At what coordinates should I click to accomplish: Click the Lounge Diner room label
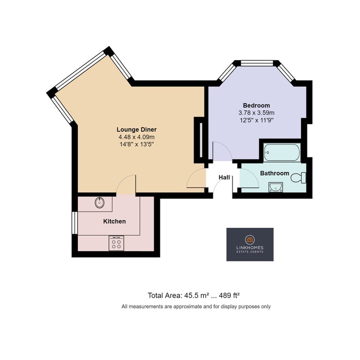click(136, 129)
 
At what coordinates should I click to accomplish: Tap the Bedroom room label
click(256, 105)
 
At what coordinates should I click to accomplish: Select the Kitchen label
click(114, 221)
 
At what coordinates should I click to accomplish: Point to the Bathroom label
click(274, 173)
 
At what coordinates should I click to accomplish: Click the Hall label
click(224, 177)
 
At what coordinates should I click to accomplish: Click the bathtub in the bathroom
click(282, 152)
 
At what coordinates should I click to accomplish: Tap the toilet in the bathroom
click(298, 178)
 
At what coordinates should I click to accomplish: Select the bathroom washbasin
click(276, 187)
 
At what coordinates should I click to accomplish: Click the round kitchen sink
click(100, 202)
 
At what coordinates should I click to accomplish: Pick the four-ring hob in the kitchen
click(116, 243)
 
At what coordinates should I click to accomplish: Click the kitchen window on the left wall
click(75, 223)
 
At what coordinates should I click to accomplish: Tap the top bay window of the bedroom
click(256, 63)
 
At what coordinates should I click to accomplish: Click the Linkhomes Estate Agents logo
click(250, 244)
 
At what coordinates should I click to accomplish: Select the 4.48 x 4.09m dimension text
click(136, 137)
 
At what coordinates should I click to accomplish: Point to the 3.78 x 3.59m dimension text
click(256, 112)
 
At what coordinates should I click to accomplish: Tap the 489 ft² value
click(229, 295)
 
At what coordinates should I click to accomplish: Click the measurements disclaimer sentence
click(196, 307)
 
